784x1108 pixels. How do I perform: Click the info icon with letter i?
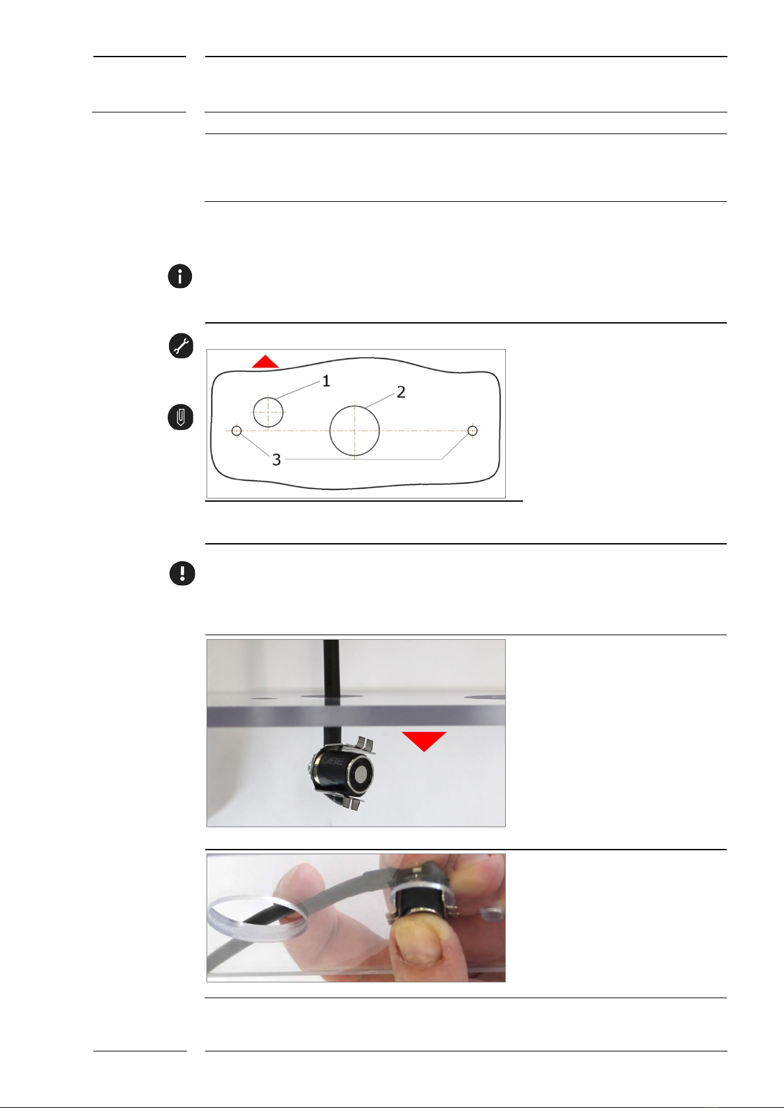[x=180, y=276]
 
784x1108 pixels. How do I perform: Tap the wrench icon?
[x=181, y=345]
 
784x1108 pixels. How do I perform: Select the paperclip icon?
[x=180, y=417]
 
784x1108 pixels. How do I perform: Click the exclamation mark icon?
[x=182, y=573]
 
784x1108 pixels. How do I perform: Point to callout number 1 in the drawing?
[x=326, y=381]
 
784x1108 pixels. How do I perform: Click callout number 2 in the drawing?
[x=401, y=393]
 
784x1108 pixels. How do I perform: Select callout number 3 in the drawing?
[x=276, y=460]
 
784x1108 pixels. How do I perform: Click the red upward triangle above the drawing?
[x=265, y=362]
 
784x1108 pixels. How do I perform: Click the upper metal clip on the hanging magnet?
[x=358, y=744]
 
